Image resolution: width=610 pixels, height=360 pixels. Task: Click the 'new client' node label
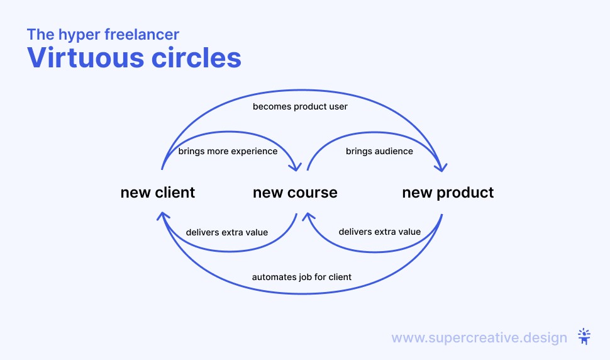tap(158, 192)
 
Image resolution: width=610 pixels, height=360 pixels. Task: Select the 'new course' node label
tap(296, 193)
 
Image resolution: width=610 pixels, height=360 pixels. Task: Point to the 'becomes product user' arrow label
tap(300, 106)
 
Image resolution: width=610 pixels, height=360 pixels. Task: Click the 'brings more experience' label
tap(228, 152)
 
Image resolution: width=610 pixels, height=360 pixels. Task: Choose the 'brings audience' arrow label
tap(379, 152)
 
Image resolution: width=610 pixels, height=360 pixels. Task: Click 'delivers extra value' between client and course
tap(227, 232)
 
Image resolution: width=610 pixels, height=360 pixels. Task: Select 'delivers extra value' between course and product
tap(380, 232)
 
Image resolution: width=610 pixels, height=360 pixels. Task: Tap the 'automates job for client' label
tap(301, 277)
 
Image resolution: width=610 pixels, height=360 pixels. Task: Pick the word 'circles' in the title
tap(196, 58)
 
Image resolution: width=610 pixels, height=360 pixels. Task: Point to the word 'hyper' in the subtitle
tap(79, 35)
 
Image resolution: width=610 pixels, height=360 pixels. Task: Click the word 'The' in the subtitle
tap(40, 34)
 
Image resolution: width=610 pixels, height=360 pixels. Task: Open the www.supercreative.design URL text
tap(479, 337)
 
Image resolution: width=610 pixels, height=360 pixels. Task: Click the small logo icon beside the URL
tap(584, 337)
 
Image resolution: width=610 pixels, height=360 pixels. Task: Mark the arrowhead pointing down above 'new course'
tap(296, 167)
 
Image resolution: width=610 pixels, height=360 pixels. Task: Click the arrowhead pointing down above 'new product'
tap(441, 167)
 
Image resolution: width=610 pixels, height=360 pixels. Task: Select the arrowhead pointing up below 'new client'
tap(163, 216)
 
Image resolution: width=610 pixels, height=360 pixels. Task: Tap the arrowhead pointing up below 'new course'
tap(308, 216)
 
